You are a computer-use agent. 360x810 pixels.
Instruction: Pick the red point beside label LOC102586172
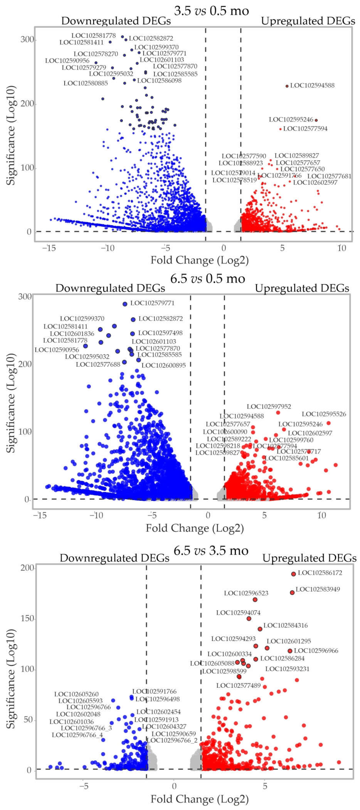tap(293, 574)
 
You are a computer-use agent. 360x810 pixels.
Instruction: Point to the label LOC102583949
tap(318, 589)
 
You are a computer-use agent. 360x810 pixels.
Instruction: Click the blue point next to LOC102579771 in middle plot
tap(125, 304)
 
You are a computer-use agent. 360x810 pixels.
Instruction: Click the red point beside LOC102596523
tap(255, 600)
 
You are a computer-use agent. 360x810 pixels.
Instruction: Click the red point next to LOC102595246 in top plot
tap(316, 120)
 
